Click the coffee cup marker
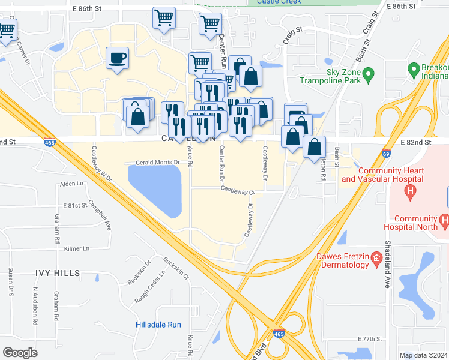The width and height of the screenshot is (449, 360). click(117, 59)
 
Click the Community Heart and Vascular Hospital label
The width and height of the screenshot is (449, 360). click(382, 175)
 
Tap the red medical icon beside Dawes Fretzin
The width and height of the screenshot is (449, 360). click(376, 259)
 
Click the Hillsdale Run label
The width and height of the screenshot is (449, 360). click(158, 325)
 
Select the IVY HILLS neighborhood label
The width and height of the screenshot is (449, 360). click(58, 273)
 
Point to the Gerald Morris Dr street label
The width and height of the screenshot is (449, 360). click(158, 163)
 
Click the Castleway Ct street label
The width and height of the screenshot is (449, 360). click(237, 191)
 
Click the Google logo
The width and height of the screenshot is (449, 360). click(20, 352)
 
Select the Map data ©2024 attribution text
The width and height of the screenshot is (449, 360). click(423, 355)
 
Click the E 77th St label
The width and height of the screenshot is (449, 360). click(369, 339)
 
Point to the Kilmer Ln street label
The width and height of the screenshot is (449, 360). click(76, 248)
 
